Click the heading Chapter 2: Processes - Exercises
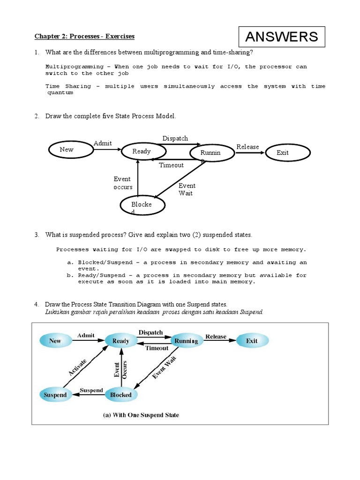pos(84,36)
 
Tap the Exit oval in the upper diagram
pos(286,152)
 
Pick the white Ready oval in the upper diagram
pos(143,151)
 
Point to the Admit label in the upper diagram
pos(103,143)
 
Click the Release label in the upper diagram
pos(247,147)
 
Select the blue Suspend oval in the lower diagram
pos(55,395)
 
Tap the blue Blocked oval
pos(121,395)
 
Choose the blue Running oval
pos(186,341)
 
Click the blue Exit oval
pos(252,341)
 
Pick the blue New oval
pos(55,341)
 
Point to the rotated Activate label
pos(78,366)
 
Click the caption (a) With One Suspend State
pos(141,415)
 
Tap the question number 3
pos(36,234)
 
